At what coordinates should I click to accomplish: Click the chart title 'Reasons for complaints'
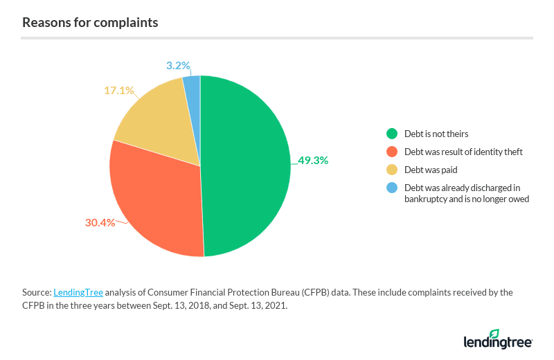[90, 22]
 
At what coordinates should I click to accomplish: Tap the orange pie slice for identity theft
[156, 201]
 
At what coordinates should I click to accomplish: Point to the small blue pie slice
[193, 87]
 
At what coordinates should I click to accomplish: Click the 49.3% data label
[313, 160]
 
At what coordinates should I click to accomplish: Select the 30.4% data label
[100, 223]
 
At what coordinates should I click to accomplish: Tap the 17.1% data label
[119, 90]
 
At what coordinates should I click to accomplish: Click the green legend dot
[392, 134]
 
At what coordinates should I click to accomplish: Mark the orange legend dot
[392, 152]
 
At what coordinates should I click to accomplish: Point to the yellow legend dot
[392, 170]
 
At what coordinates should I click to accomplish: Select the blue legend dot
[392, 188]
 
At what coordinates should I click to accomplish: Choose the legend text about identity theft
[463, 152]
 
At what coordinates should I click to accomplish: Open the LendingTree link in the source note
[78, 292]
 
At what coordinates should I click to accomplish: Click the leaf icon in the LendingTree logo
[494, 334]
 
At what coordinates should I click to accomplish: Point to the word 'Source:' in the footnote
[37, 292]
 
